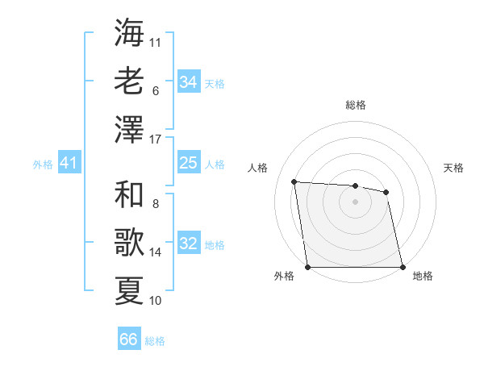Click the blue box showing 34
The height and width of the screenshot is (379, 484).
(188, 82)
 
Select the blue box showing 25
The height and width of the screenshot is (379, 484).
(188, 163)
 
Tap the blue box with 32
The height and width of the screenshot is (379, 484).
(188, 244)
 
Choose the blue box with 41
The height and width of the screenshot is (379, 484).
(69, 164)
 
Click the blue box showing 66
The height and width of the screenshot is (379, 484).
(129, 339)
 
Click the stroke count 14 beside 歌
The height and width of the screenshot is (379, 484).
(156, 252)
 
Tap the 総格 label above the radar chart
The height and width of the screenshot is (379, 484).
(356, 105)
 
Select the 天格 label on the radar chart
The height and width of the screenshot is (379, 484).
(453, 168)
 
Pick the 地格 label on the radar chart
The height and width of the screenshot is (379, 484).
(423, 276)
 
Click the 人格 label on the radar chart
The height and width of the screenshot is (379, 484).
(258, 168)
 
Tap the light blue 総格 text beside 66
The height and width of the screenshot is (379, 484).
(155, 341)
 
